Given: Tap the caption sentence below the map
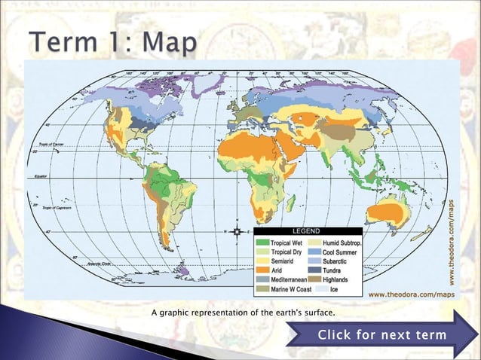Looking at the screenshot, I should pyautogui.click(x=243, y=312).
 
